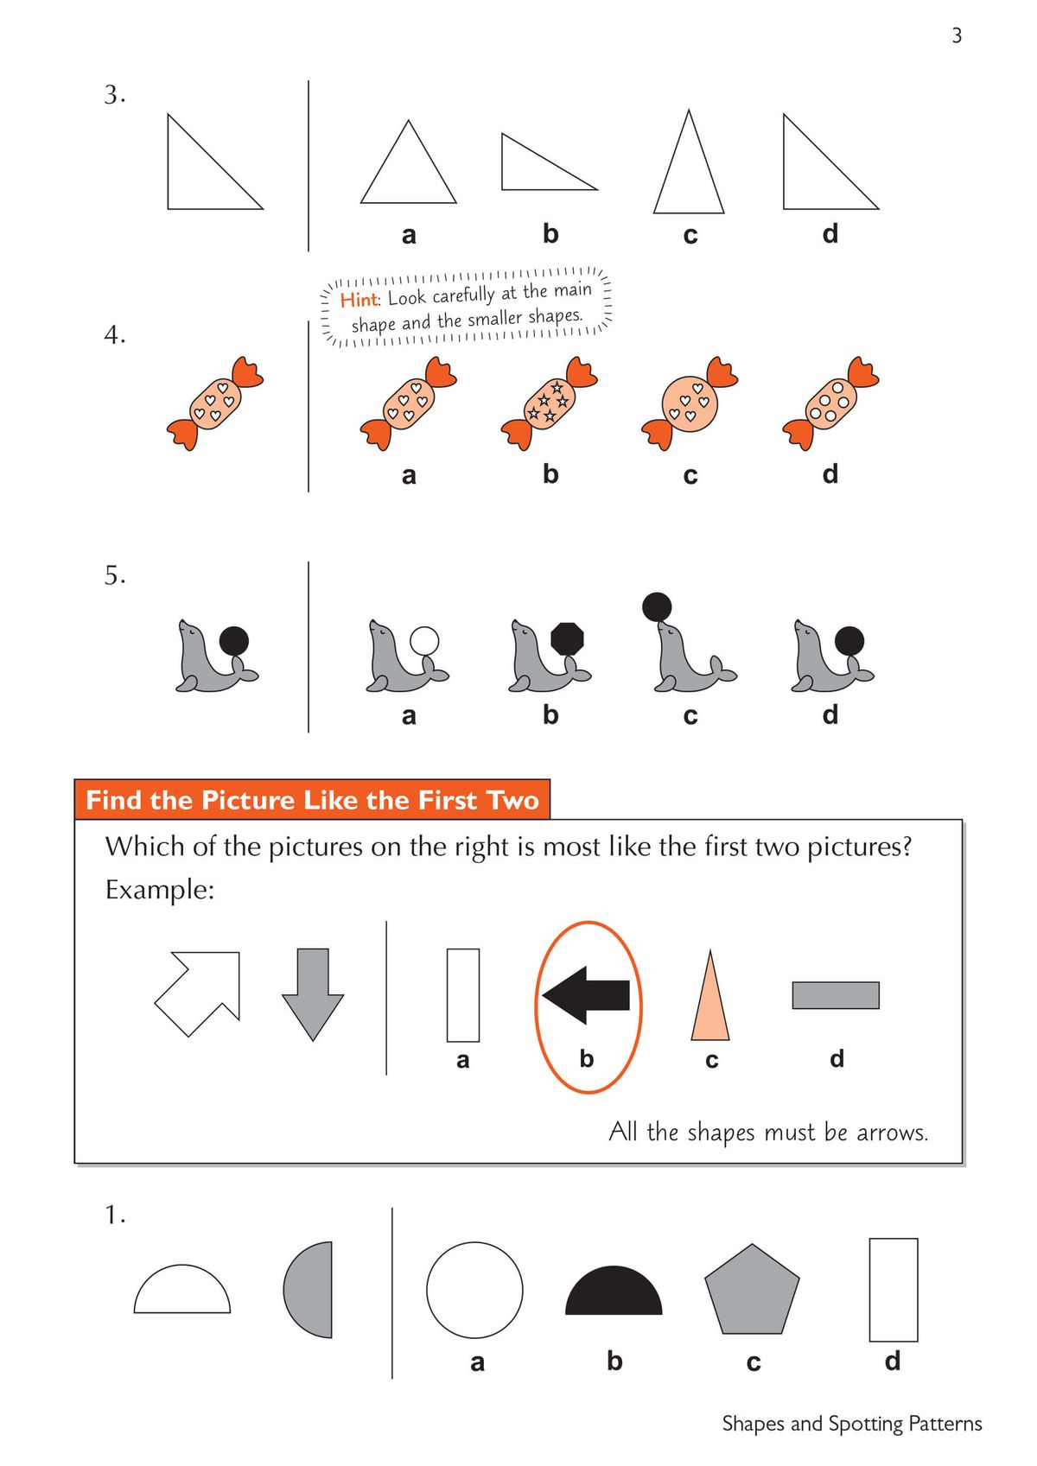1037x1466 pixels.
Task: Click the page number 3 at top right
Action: coord(957,35)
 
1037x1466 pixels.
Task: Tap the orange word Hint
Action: coord(359,300)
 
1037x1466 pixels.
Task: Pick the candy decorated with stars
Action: coord(549,402)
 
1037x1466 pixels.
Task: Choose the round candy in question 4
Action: coord(690,403)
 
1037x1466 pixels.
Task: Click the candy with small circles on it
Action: coord(830,403)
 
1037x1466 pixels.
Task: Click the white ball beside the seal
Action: coord(424,641)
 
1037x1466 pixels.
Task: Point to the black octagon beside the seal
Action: coord(567,640)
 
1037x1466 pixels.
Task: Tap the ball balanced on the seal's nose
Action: coord(658,607)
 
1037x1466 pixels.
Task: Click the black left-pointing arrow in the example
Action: coord(588,995)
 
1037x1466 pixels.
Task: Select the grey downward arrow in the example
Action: coord(313,993)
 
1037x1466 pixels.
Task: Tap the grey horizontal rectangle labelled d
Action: coord(836,995)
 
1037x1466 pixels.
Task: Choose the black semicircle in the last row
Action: coord(614,1293)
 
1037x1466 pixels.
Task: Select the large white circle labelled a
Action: coord(474,1290)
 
